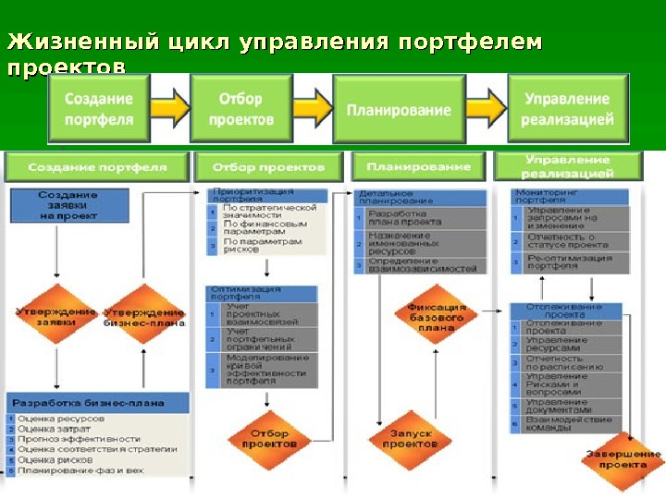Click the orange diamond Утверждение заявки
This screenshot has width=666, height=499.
pyautogui.click(x=55, y=317)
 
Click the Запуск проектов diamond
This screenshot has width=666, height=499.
pyautogui.click(x=410, y=438)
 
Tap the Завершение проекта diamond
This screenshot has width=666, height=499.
pyautogui.click(x=622, y=458)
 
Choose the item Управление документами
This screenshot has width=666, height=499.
pyautogui.click(x=564, y=407)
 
